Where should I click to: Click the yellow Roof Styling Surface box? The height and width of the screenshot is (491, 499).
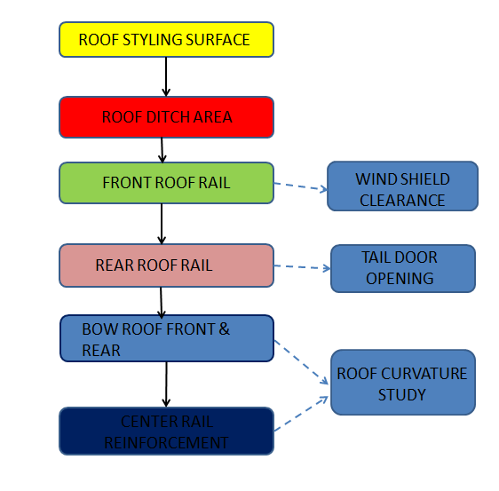pyautogui.click(x=166, y=40)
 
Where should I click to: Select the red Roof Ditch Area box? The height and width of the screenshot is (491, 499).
pyautogui.click(x=166, y=117)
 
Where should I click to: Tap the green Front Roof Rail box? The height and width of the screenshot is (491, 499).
pyautogui.click(x=166, y=183)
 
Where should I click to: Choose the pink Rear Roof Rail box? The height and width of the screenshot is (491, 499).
pyautogui.click(x=166, y=265)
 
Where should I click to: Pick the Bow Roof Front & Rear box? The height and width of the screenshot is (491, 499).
pyautogui.click(x=166, y=338)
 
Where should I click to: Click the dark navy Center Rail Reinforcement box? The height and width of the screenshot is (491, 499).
pyautogui.click(x=166, y=432)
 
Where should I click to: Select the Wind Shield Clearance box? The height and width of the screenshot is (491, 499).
pyautogui.click(x=402, y=186)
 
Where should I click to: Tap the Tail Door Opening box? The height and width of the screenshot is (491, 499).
pyautogui.click(x=402, y=268)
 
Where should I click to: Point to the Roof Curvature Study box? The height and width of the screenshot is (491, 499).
pyautogui.click(x=402, y=383)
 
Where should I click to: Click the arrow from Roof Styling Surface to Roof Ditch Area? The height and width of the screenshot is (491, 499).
pyautogui.click(x=166, y=77)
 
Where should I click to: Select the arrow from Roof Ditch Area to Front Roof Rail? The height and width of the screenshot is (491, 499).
pyautogui.click(x=162, y=150)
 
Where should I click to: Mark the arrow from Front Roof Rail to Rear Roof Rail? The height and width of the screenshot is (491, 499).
pyautogui.click(x=162, y=224)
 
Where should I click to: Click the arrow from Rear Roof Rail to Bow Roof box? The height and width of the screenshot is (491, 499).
pyautogui.click(x=162, y=301)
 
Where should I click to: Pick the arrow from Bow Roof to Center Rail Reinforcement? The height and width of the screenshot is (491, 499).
pyautogui.click(x=166, y=384)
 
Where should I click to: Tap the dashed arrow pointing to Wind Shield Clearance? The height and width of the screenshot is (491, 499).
pyautogui.click(x=300, y=187)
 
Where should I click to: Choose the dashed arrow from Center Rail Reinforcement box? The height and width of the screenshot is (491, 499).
pyautogui.click(x=302, y=415)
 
